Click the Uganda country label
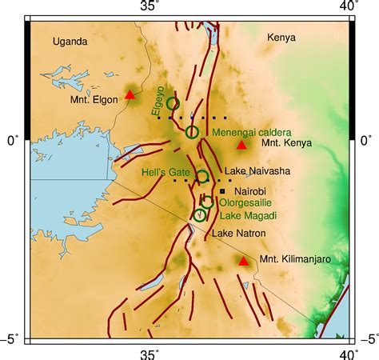coord(69,41)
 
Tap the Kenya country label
coord(281,38)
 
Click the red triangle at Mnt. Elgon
coord(130,95)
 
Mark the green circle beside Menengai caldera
coord(192,132)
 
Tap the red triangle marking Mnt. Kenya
coord(241,146)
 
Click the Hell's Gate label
coord(167,171)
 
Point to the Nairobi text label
coord(248,191)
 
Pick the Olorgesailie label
coord(249,204)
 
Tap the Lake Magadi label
coord(246,216)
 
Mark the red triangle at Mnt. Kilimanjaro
coord(244,261)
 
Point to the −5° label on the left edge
coord(10,339)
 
